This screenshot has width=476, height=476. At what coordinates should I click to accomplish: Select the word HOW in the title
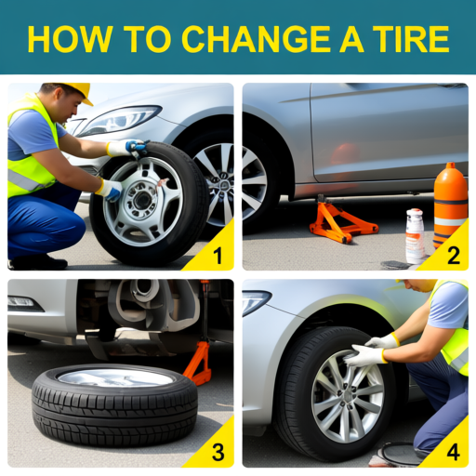63,39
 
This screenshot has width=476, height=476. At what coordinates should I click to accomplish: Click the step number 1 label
217,254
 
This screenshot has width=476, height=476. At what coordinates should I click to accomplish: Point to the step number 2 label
453,254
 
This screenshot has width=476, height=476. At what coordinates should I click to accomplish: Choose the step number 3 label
217,453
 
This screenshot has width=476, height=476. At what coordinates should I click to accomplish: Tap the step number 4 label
453,453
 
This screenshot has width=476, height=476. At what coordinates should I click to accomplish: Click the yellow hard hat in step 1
74,89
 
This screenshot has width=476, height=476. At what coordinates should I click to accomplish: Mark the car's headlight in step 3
24,303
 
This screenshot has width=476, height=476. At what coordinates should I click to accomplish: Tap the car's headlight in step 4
255,301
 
